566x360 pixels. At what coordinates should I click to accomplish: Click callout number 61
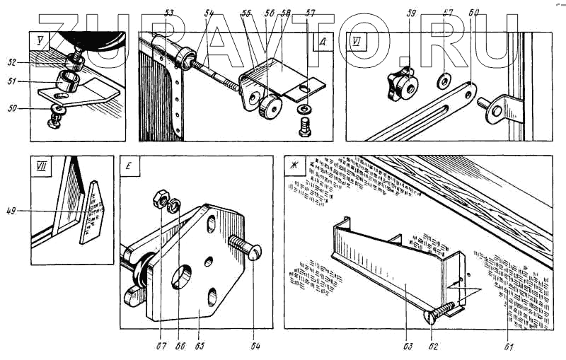[507, 346]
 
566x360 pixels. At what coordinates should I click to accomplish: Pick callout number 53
[168, 13]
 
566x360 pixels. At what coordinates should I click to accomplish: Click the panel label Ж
[290, 167]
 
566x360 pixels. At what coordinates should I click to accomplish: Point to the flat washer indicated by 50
[55, 108]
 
